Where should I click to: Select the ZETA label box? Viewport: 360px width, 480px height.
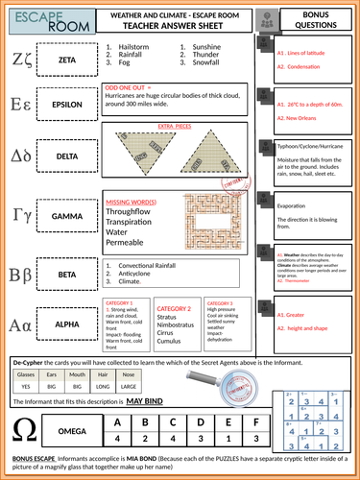[67, 59]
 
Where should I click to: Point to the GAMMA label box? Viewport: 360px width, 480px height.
[67, 218]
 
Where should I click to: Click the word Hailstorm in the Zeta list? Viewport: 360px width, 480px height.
[132, 45]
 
